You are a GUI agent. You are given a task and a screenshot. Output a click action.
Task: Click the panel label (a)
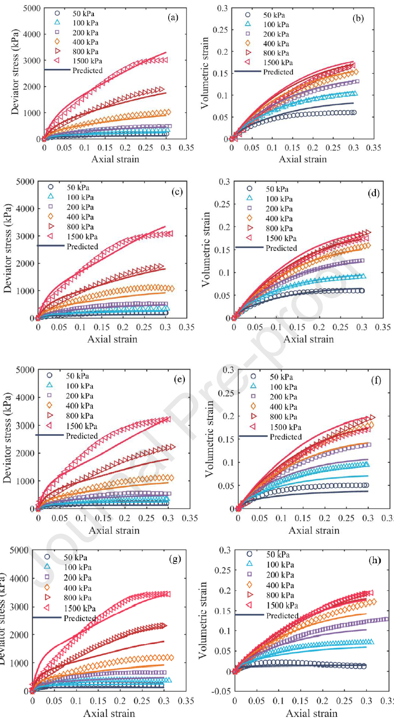tap(173, 18)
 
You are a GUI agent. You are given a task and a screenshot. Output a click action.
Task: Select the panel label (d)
tap(366, 194)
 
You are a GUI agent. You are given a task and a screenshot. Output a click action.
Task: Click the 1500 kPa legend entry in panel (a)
tap(86, 60)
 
